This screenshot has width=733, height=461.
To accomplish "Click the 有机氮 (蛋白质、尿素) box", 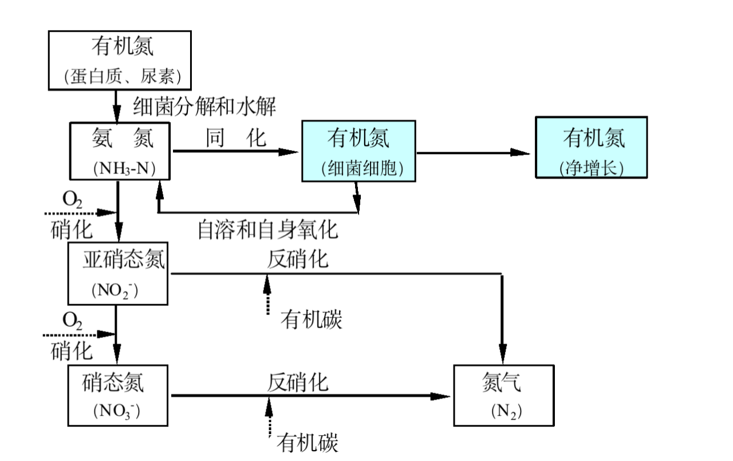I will [119, 60].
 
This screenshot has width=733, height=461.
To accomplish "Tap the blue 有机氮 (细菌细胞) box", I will [358, 151].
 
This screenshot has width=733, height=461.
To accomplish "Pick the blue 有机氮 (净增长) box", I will [591, 148].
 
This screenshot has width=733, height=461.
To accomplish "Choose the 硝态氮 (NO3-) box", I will [118, 395].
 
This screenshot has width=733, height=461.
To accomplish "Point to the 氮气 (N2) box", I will [504, 395].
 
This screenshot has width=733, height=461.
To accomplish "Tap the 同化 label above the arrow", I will [236, 138].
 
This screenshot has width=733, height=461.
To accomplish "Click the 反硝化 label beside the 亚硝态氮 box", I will [298, 259].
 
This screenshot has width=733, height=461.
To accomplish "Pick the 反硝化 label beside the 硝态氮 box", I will [298, 382].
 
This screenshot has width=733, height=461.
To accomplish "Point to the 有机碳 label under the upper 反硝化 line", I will [310, 320].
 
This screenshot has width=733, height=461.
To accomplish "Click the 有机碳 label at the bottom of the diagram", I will [308, 443].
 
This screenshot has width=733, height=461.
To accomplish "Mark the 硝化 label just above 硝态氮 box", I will [72, 350].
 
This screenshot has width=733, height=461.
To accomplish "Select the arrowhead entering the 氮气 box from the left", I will [441, 396].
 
